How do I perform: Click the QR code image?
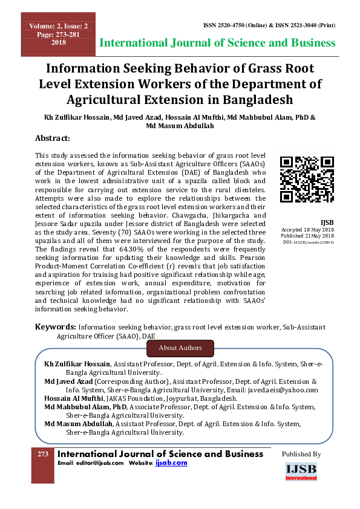[307, 179]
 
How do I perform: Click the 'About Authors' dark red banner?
[180, 348]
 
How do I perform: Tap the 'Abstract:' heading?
[53, 138]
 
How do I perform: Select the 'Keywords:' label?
[55, 326]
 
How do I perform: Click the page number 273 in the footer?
[43, 454]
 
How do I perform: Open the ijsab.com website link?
[171, 462]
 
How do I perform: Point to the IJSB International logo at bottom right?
[301, 472]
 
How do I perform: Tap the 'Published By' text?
[301, 454]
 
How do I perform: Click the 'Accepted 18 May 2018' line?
[307, 230]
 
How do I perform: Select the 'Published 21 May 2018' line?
[307, 236]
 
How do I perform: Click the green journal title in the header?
[217, 43]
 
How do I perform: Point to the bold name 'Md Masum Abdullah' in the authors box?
[78, 424]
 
